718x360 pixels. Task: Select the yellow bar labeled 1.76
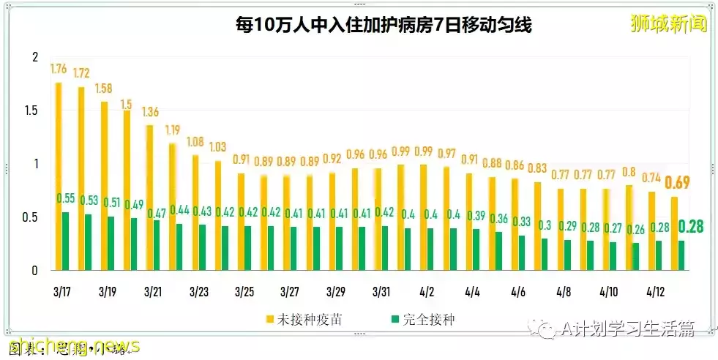pos(59,176)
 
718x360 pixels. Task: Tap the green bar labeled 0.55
pos(66,241)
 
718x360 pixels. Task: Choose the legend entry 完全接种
pos(425,319)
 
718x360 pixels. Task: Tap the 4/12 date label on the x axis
pos(654,291)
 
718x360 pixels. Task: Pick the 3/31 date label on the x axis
pos(381,291)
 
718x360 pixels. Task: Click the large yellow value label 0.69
pos(678,182)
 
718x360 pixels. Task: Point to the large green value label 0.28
pos(691,226)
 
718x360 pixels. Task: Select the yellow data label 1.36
pos(151,112)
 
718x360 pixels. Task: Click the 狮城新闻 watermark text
pos(669,23)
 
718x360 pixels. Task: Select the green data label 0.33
pos(521,222)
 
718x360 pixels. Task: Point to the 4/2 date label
pos(426,291)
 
